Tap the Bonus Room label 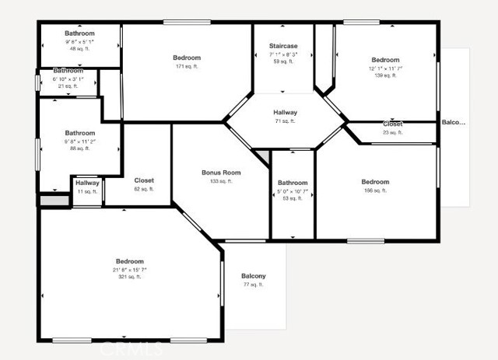221,173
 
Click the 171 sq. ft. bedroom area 187,67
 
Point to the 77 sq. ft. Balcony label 253,276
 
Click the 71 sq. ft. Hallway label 285,113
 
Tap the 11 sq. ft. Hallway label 87,183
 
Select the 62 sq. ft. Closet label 144,180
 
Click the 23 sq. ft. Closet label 392,124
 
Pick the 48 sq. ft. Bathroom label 79,33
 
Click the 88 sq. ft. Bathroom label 79,133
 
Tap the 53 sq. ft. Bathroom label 293,183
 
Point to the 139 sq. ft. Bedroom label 385,60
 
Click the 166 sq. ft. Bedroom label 376,182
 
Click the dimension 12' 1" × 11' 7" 385,68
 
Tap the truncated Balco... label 453,122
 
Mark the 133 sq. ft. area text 221,181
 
